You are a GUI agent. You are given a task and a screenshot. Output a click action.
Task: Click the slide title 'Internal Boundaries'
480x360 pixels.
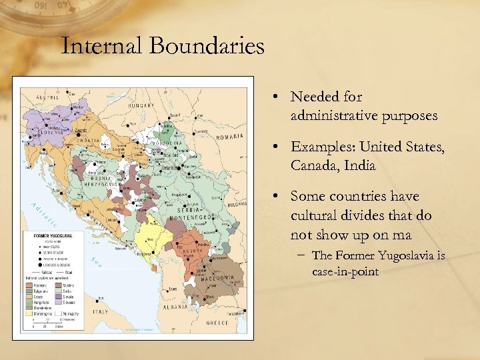(x=163, y=46)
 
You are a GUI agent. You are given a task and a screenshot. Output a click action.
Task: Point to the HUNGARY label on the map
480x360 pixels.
(x=141, y=105)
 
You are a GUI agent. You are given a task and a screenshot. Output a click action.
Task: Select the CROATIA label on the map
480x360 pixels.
(x=89, y=141)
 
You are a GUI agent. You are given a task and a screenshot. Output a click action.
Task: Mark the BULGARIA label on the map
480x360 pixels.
(x=239, y=206)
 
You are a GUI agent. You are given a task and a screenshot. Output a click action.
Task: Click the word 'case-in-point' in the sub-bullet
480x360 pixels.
(x=344, y=272)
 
